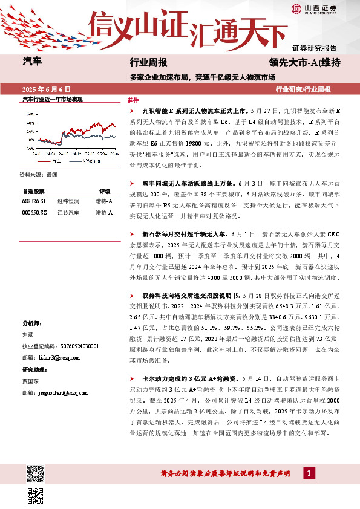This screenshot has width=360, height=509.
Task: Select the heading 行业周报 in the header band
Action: [x=149, y=62]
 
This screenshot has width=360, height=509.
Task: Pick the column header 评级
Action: [x=105, y=190]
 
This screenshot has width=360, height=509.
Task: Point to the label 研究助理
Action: [x=34, y=369]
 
